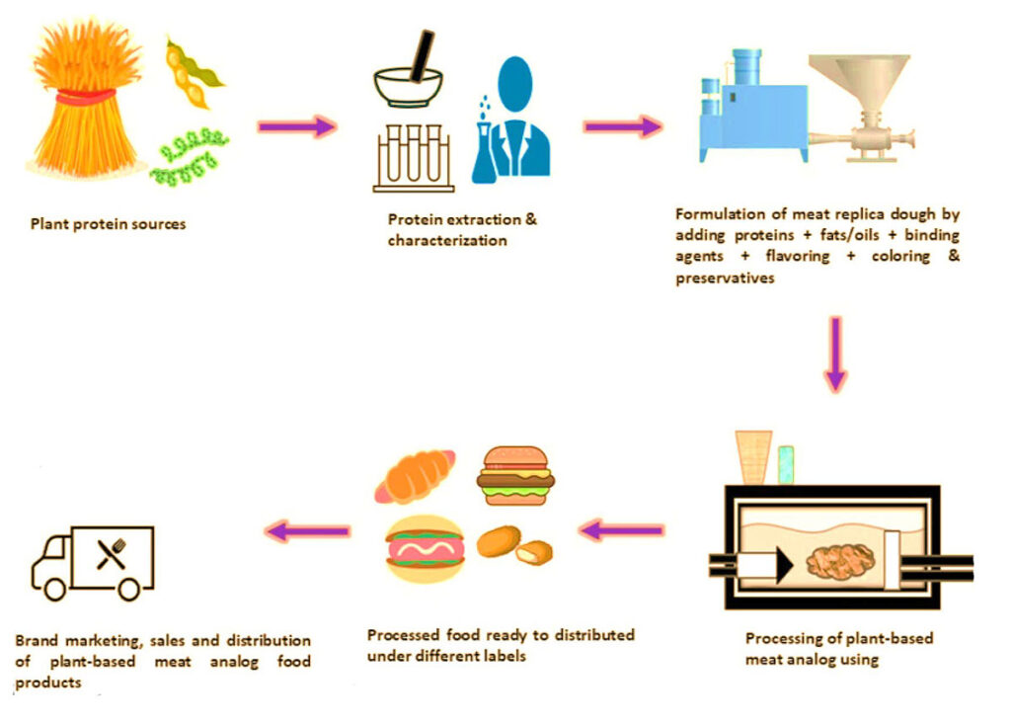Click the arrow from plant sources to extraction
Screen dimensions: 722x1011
point(296,126)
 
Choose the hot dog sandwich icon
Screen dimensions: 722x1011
point(426,549)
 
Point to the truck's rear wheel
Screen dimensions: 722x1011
point(129,589)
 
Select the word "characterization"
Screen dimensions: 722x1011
point(446,240)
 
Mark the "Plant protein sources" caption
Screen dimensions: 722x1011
point(108,224)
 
